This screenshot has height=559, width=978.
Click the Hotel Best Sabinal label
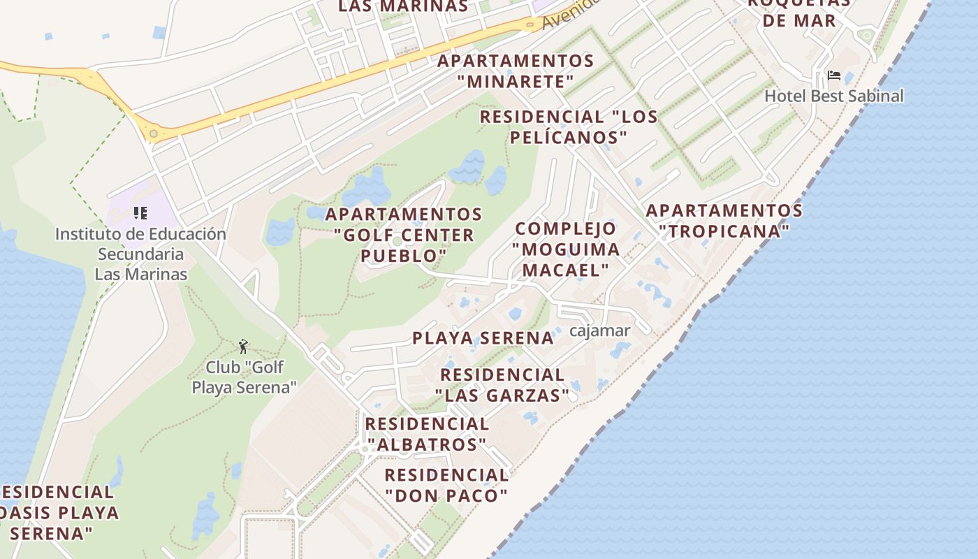coord(834,96)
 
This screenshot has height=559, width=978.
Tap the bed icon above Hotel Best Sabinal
coord(833,75)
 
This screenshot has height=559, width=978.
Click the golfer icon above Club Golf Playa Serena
coord(243,346)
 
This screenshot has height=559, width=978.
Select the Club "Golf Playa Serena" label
coord(245,377)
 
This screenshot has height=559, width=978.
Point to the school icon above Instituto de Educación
coord(140,213)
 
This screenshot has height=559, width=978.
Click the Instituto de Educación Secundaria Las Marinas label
coord(140,254)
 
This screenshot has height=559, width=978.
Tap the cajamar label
coord(599,331)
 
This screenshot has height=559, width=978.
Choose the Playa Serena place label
coord(483,338)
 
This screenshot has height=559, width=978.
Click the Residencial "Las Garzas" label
coord(503,385)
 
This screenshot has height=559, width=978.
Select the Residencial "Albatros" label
coord(427,434)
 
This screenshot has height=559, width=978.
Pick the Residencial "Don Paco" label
coord(446,485)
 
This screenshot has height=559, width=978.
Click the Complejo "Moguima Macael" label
coord(566,249)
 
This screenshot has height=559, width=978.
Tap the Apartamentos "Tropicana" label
coord(724,220)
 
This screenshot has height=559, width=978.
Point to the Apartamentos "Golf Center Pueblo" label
coord(404,235)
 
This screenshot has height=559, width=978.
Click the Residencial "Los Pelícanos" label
coord(569,126)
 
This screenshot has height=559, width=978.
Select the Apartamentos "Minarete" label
coord(516,71)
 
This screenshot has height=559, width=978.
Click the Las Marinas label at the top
coord(403,6)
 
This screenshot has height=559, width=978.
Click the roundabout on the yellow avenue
coord(153,133)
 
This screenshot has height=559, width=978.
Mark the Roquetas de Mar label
coord(799,13)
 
